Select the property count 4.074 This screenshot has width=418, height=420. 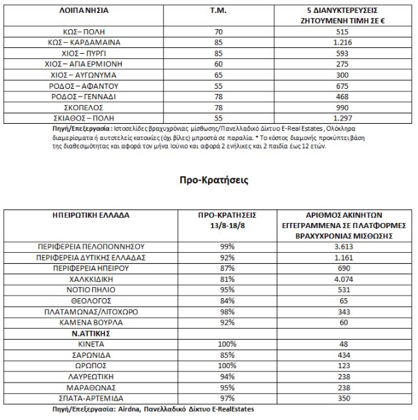pos(344,279)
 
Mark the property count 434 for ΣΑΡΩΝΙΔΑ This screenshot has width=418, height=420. pos(344,355)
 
